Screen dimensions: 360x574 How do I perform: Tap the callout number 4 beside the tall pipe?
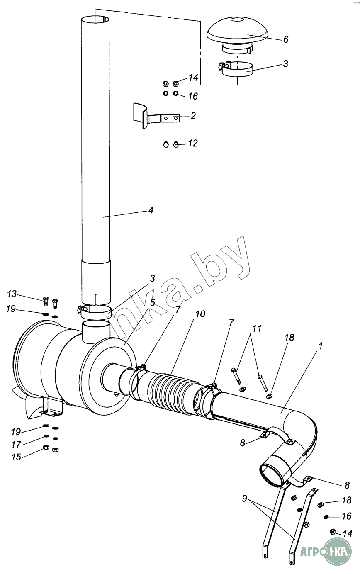tap(151, 210)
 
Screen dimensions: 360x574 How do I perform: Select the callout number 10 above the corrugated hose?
tap(201, 314)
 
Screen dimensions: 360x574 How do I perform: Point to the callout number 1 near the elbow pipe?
tap(320, 346)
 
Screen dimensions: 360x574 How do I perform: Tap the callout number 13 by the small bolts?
tap(12, 294)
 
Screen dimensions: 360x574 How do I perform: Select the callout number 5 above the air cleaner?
tap(153, 303)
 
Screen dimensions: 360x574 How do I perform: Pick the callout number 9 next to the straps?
tap(244, 499)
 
